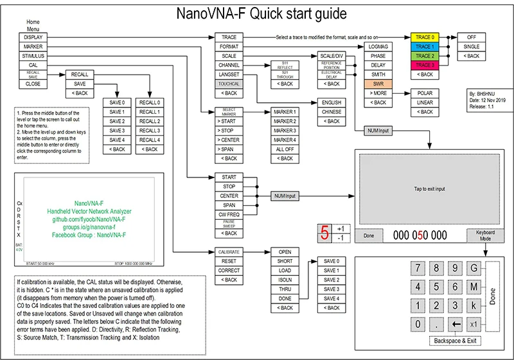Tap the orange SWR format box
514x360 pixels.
pos(378,84)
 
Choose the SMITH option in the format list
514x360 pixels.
pos(378,75)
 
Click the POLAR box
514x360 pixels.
pos(425,93)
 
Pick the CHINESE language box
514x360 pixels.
pos(332,112)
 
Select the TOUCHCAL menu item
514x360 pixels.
pos(229,84)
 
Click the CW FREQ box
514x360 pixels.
pos(229,214)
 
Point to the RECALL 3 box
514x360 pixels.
pos(150,130)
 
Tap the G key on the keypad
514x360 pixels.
pos(474,268)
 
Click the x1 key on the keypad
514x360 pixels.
pos(474,324)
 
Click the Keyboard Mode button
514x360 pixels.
pos(485,235)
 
